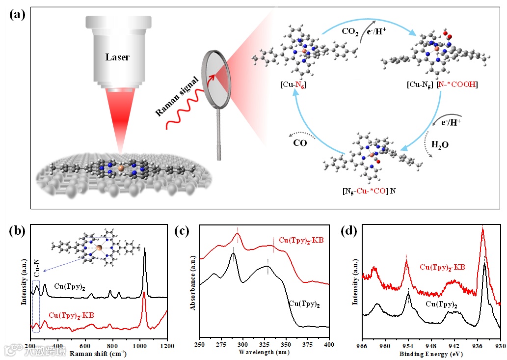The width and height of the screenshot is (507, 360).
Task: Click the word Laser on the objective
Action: point(117,57)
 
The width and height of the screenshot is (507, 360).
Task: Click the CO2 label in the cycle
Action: point(351,31)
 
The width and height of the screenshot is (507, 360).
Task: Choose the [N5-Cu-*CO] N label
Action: point(369,191)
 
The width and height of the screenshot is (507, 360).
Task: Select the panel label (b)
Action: point(18,231)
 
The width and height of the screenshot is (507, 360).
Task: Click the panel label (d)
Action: point(348,231)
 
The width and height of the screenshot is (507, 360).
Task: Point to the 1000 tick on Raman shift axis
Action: point(140,345)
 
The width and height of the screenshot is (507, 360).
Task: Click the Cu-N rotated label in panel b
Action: point(35,268)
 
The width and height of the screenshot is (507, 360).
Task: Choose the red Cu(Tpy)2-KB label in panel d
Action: point(442,267)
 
